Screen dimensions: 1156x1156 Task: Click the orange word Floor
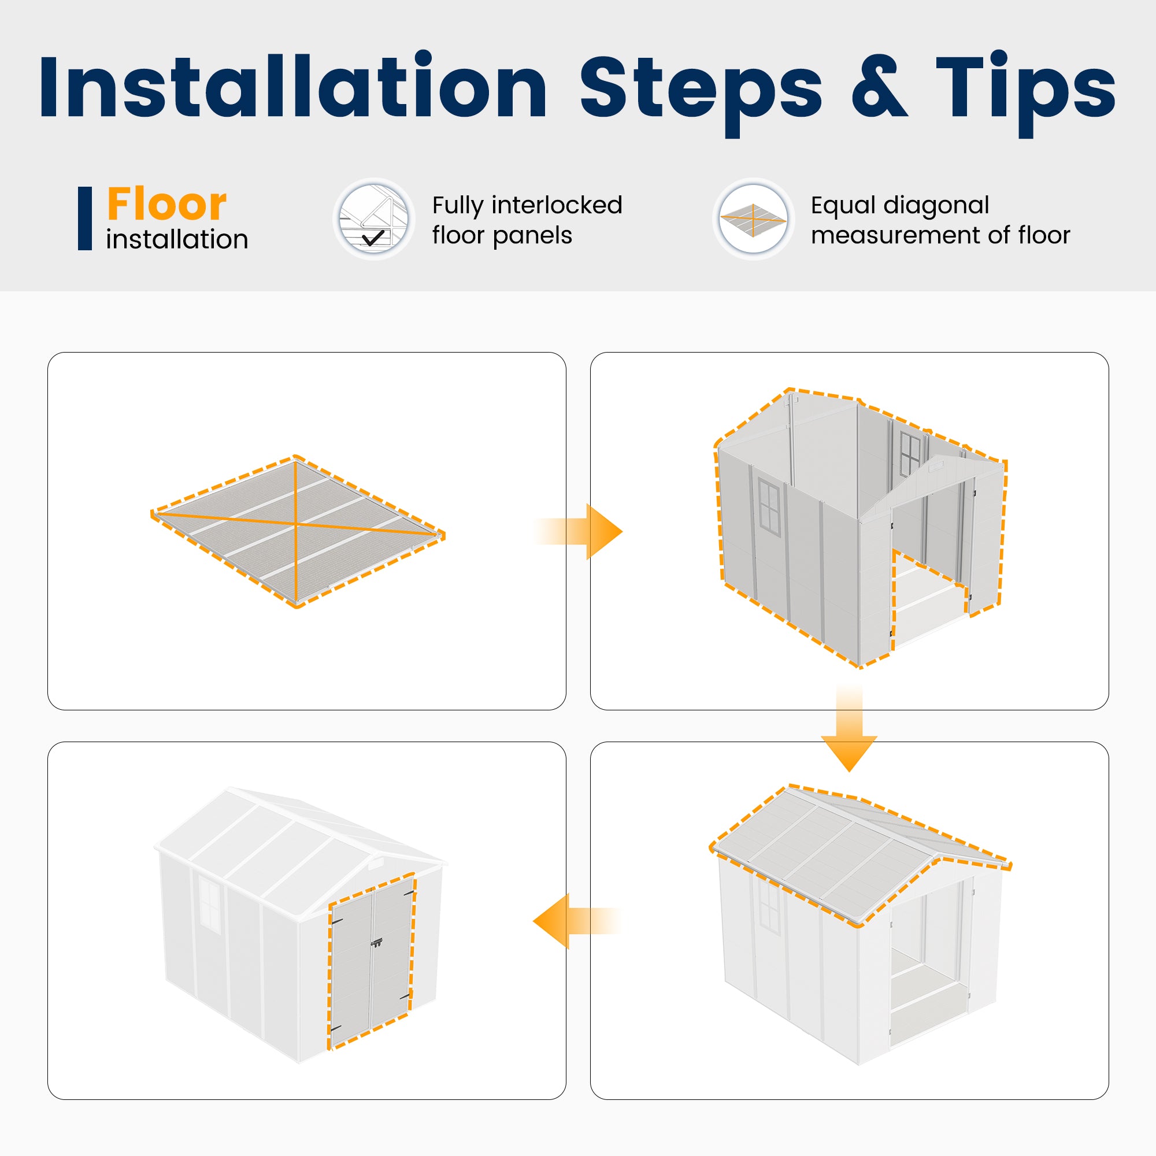point(167,204)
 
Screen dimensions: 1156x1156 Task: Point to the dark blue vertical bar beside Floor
point(85,218)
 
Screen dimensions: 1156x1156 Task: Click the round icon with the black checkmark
point(374,219)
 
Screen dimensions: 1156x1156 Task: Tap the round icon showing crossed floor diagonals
point(753,219)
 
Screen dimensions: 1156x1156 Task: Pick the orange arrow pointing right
point(578,532)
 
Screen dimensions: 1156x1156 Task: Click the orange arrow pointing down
point(849,729)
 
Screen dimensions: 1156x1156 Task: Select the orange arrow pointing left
point(577,921)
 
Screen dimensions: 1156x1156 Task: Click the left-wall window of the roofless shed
point(769,507)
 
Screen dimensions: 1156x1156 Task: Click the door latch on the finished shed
point(376,943)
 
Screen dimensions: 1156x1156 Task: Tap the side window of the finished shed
point(209,905)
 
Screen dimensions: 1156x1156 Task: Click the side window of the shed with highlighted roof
point(769,908)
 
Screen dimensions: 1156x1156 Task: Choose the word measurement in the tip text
point(895,236)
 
